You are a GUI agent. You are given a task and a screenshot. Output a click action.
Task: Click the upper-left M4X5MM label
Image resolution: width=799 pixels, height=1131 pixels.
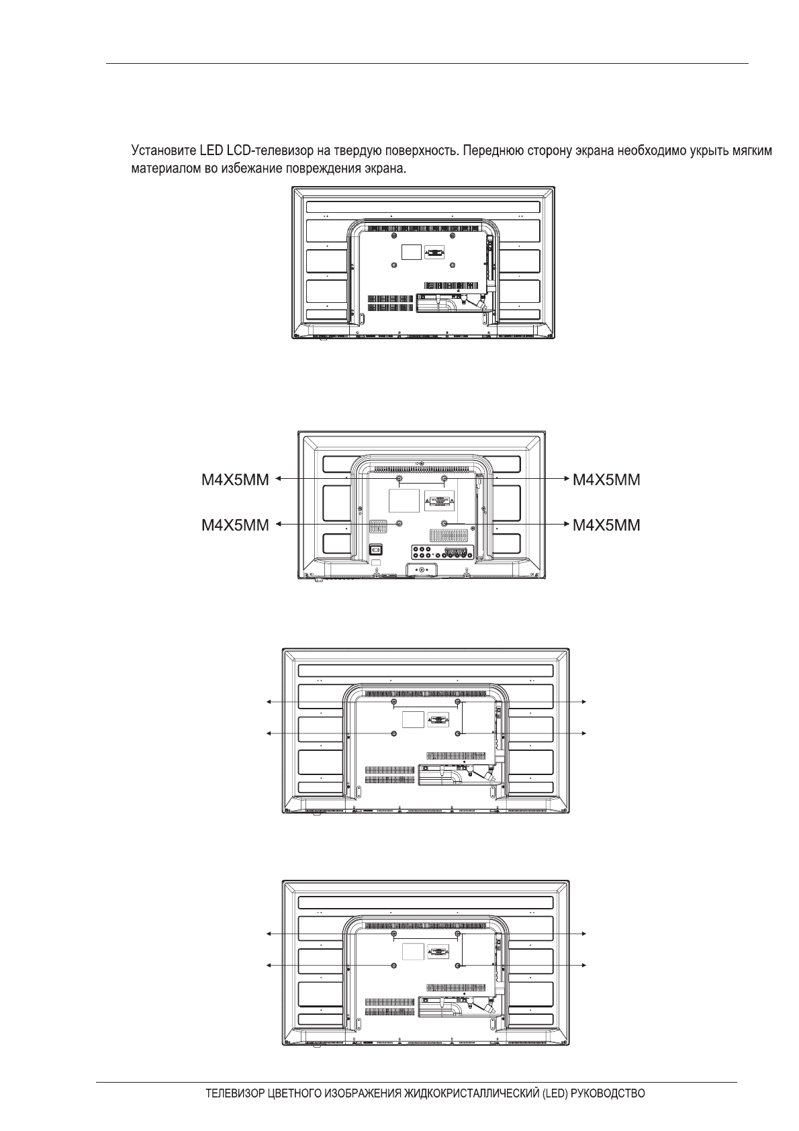[x=235, y=480]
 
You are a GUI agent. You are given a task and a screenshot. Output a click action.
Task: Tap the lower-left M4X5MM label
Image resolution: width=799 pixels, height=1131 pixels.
[x=235, y=525]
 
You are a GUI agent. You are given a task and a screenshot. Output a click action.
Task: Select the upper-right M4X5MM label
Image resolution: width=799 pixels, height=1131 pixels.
[x=606, y=480]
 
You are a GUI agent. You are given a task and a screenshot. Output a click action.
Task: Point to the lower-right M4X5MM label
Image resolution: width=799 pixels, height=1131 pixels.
[x=606, y=525]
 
